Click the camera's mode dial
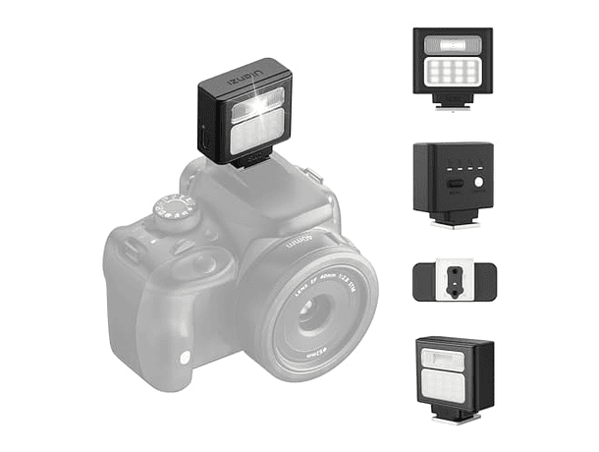point(174,209)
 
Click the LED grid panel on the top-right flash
point(453,73)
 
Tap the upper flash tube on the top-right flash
point(453,43)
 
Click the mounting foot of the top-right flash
point(453,105)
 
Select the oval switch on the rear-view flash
point(455,183)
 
